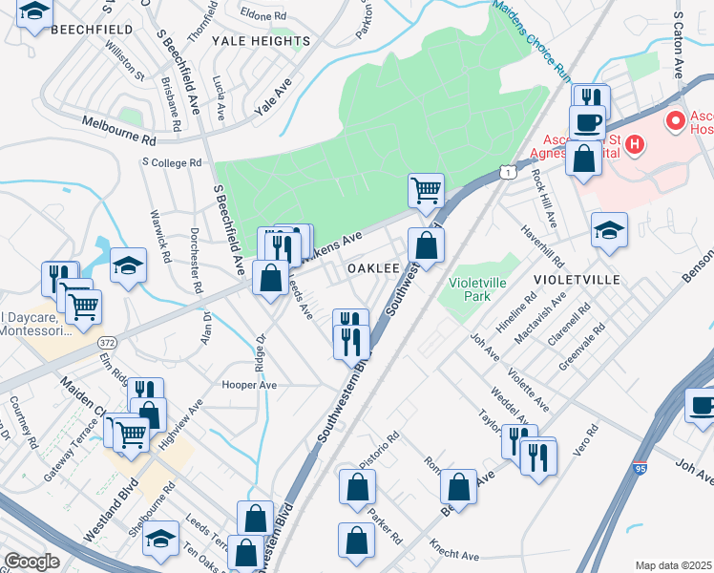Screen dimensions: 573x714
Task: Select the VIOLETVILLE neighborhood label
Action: click(x=578, y=279)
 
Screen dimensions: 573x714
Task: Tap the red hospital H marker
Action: click(x=635, y=146)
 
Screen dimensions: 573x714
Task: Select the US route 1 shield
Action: click(x=506, y=171)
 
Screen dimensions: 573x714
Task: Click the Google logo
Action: click(x=32, y=562)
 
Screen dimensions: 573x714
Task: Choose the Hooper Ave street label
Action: click(x=248, y=384)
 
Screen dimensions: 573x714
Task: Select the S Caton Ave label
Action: click(x=680, y=43)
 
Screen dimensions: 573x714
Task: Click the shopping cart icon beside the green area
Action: click(x=426, y=189)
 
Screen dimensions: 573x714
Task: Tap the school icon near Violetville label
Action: click(x=609, y=230)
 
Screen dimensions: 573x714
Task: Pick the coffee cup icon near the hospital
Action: click(x=586, y=122)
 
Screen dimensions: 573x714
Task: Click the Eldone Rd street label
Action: click(x=264, y=16)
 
